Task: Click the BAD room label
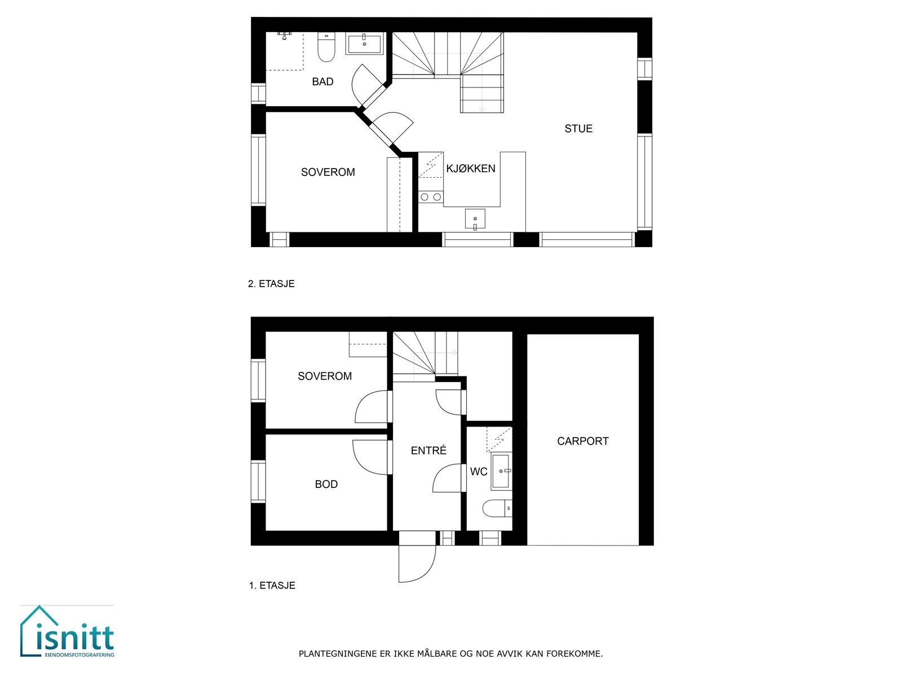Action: tap(322, 82)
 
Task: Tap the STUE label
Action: tap(578, 129)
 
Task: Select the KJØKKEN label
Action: tap(471, 169)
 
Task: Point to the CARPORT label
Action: tap(583, 441)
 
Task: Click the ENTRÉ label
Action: tap(428, 451)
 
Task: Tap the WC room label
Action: tap(479, 472)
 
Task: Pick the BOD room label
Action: tap(326, 484)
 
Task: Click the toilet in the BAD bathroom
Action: tap(326, 47)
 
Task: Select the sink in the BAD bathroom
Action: tap(364, 43)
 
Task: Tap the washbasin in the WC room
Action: tap(501, 471)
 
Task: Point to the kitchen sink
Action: tap(475, 219)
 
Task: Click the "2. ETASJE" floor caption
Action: tap(271, 284)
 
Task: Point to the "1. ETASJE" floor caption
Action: tap(272, 586)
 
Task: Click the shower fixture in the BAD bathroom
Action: tap(285, 34)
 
